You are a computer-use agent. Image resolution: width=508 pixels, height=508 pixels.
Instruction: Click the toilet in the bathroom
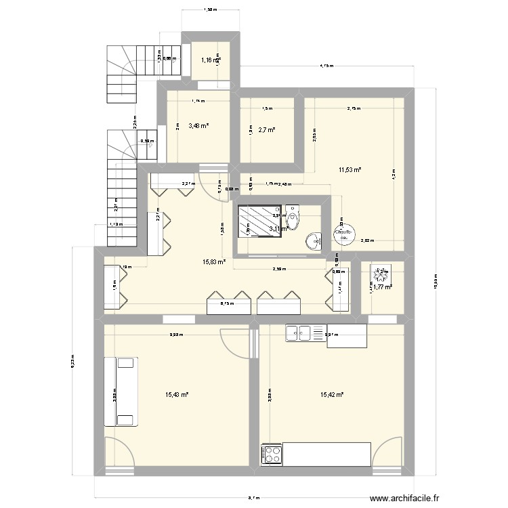coord(293,217)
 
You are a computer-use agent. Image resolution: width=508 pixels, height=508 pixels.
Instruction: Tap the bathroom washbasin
coord(314,241)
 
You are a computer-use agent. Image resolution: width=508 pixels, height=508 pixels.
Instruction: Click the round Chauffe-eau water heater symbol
coord(343,235)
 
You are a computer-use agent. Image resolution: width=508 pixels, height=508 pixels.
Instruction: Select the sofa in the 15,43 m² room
coord(121,391)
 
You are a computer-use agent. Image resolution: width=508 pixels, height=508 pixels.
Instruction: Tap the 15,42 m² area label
coord(332,394)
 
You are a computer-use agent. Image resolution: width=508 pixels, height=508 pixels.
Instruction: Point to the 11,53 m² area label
coord(350,170)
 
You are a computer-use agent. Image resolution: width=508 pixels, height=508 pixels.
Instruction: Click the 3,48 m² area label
coord(198,125)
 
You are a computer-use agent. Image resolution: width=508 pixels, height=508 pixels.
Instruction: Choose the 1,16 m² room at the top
coord(211,61)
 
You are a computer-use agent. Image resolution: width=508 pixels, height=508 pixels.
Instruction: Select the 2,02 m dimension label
coord(366,240)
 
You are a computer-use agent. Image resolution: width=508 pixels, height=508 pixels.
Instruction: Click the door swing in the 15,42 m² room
coord(387,450)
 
